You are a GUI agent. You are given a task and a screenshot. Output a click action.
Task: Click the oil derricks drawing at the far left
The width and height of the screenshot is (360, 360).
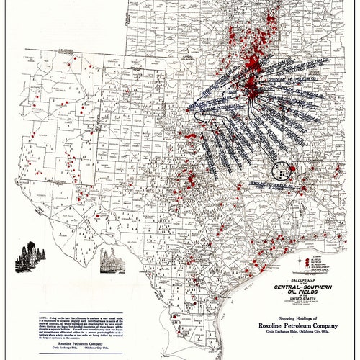32,253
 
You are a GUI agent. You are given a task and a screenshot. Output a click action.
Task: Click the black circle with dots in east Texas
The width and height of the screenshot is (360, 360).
281,171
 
